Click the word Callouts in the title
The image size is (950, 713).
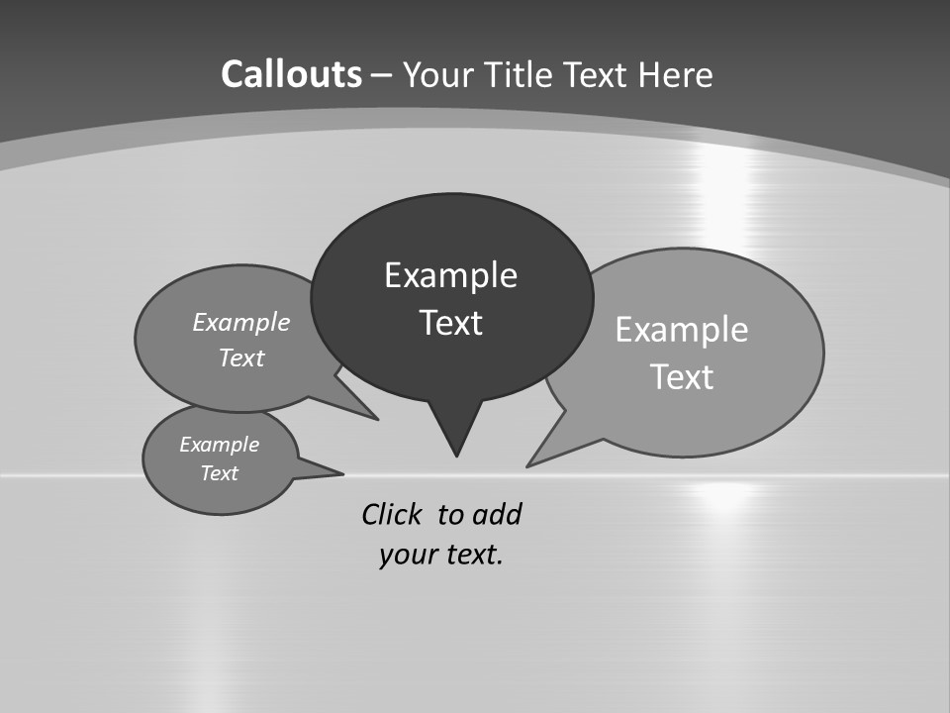point(292,74)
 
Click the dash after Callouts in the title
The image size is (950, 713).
point(382,75)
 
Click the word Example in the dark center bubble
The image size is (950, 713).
point(450,275)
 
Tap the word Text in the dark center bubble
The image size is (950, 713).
point(450,323)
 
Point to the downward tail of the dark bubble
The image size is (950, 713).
point(455,436)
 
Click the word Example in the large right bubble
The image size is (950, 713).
point(682,329)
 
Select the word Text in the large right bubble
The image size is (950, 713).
point(682,377)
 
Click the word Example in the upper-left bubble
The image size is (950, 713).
point(241,322)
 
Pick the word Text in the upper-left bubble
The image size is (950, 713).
point(241,357)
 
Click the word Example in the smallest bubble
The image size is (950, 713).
point(220,445)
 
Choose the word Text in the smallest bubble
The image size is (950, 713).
point(220,473)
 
